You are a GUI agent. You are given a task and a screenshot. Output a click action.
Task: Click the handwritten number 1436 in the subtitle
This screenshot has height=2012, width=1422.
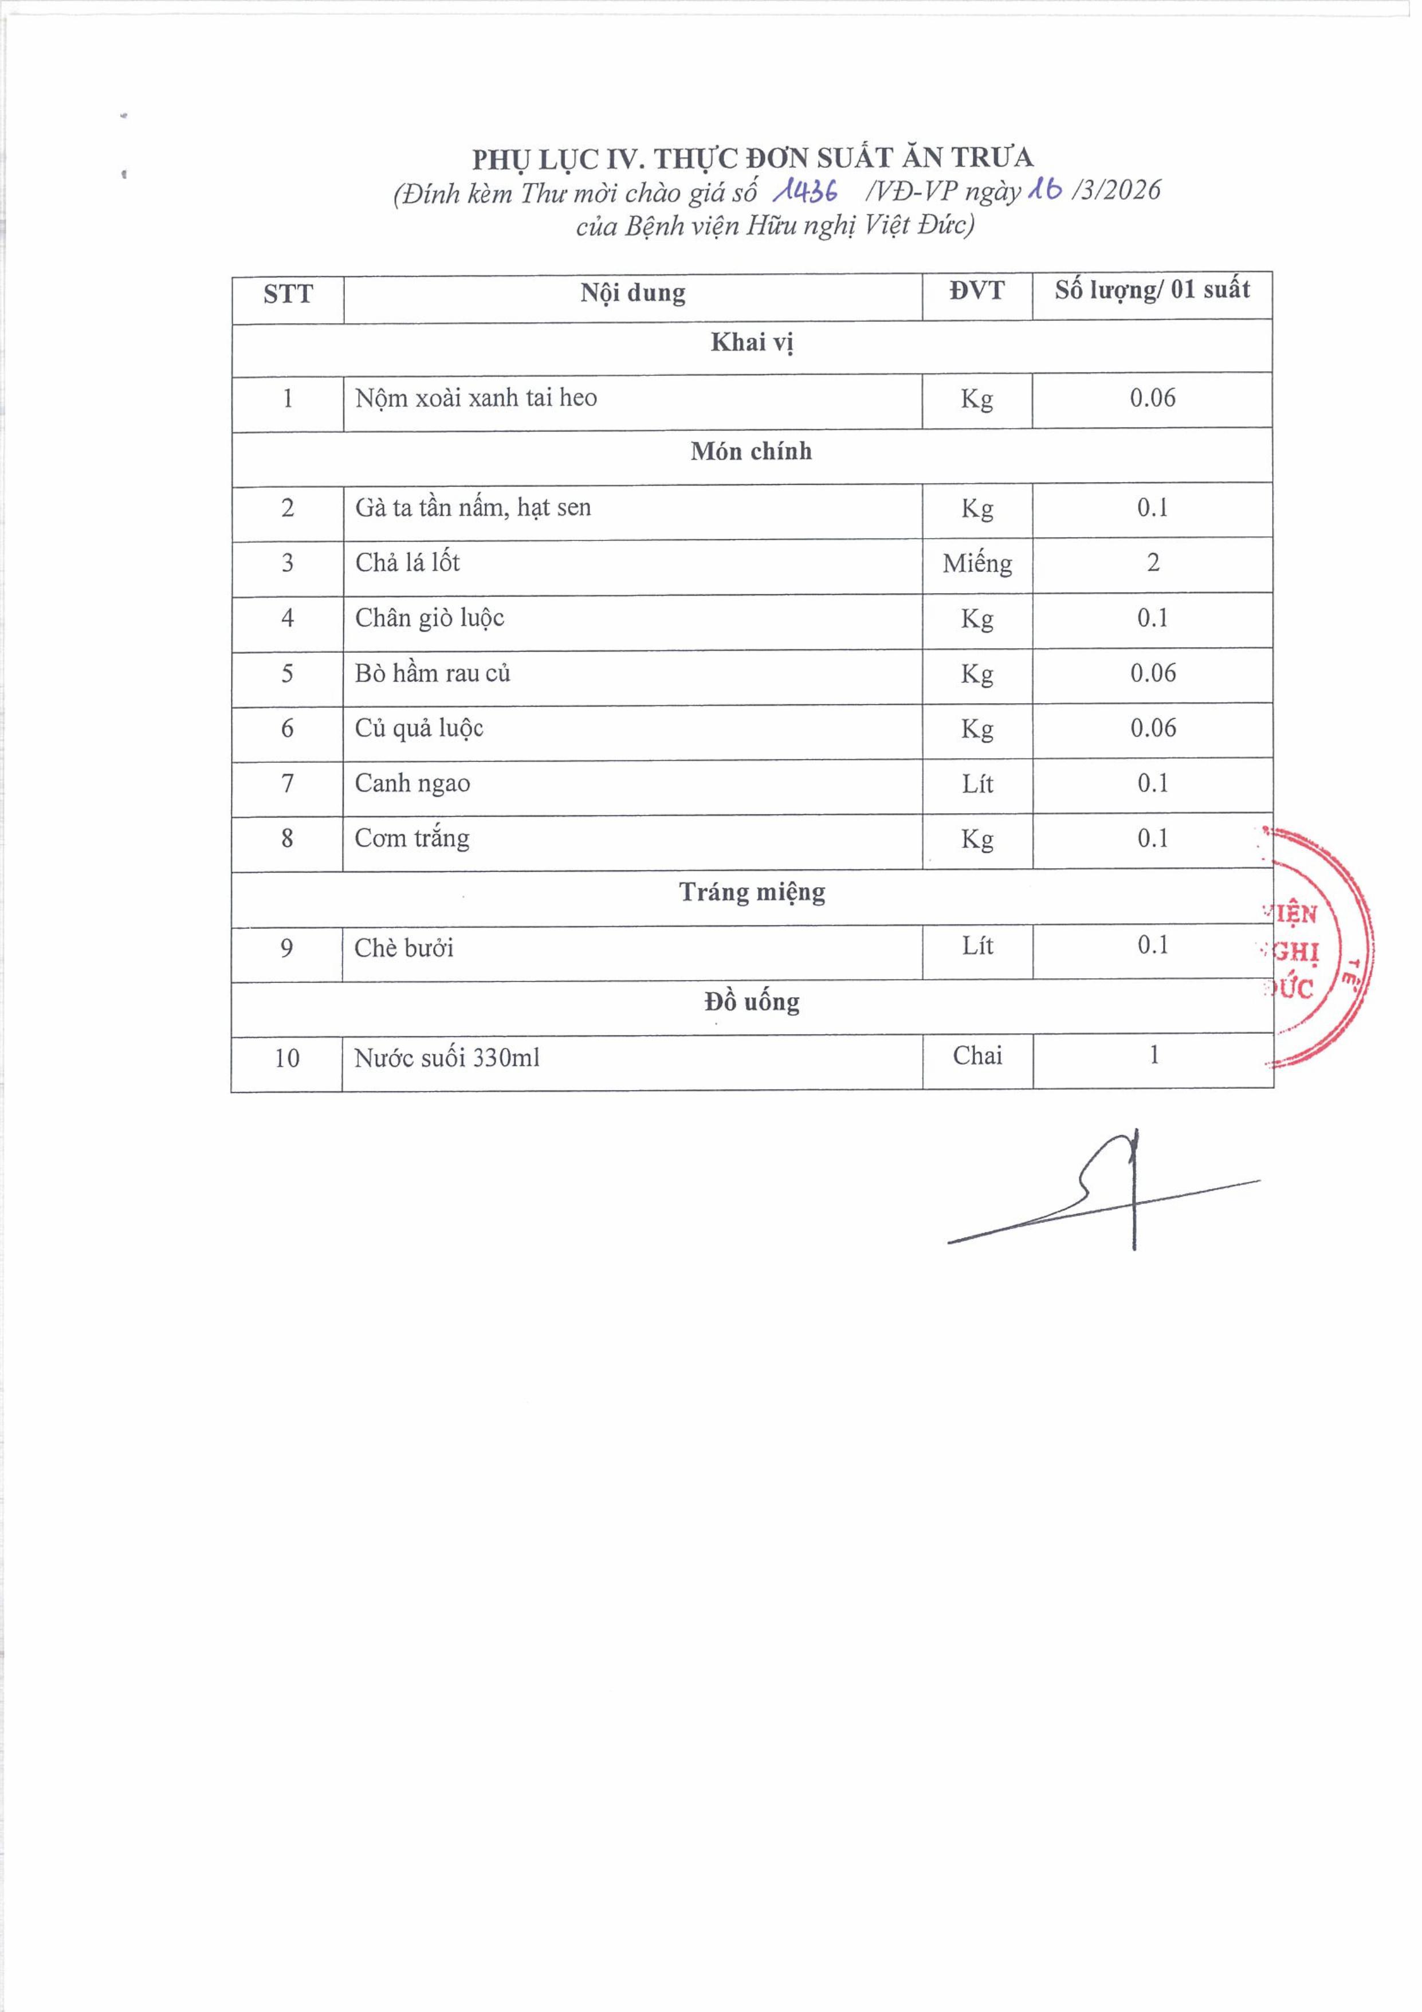coord(804,190)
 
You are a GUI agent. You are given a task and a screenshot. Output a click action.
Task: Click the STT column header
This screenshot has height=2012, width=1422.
coord(288,295)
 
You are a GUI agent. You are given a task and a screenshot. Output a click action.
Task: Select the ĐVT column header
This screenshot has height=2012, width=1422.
coord(976,291)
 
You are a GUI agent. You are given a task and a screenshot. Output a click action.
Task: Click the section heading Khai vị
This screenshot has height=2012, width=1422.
coord(752,343)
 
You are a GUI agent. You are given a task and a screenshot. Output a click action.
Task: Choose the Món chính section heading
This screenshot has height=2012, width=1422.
coord(751,452)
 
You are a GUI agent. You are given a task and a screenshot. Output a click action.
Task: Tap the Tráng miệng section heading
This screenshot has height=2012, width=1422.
coord(752,893)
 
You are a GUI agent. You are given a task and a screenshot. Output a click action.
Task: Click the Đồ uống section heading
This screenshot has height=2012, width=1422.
coord(752,1002)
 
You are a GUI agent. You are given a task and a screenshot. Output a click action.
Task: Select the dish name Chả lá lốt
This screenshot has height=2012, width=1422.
coord(407,563)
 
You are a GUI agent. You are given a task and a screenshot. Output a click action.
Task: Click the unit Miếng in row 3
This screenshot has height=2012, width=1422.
coord(977,563)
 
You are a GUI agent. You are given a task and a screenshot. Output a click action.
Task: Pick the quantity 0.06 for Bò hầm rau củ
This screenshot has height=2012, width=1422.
coord(1152,673)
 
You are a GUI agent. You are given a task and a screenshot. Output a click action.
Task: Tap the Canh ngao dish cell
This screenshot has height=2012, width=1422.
coord(413,783)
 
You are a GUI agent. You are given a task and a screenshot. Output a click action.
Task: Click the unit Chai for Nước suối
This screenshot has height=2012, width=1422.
coord(977,1056)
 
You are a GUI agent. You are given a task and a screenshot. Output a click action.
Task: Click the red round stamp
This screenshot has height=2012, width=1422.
coord(1314,948)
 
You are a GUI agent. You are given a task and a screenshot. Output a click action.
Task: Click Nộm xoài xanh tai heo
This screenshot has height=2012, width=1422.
coord(476,399)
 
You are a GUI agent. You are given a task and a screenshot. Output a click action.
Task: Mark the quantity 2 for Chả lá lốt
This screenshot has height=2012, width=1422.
coord(1152,563)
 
